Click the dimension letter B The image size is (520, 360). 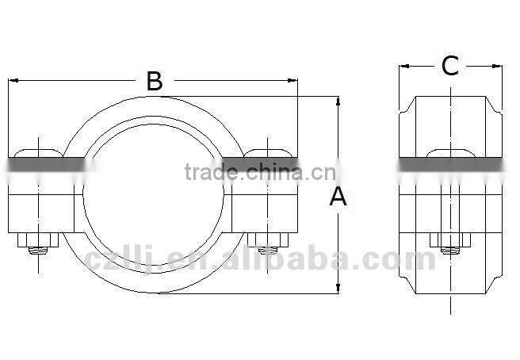(x=154, y=80)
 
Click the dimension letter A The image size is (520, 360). (x=338, y=196)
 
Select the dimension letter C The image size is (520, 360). (x=449, y=67)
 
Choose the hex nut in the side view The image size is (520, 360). (x=450, y=240)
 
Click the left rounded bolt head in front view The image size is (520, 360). (x=38, y=151)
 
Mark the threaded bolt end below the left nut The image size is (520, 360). (x=38, y=252)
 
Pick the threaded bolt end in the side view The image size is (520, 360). (x=450, y=252)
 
